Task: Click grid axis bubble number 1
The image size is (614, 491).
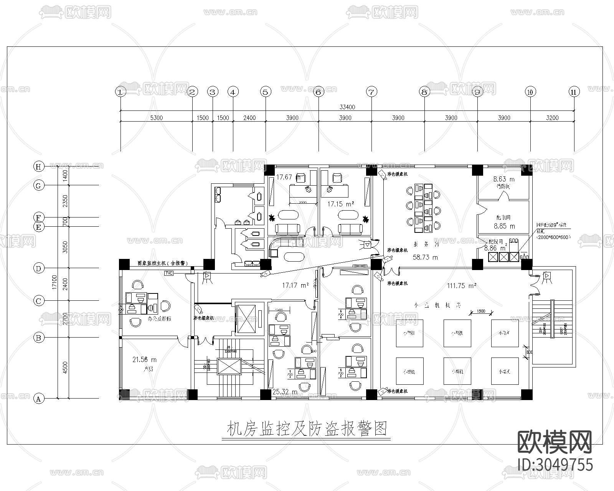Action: pyautogui.click(x=121, y=92)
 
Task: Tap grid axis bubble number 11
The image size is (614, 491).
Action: pyautogui.click(x=574, y=92)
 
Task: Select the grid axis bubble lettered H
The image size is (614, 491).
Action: pyautogui.click(x=38, y=166)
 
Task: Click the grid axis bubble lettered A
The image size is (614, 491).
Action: pyautogui.click(x=38, y=399)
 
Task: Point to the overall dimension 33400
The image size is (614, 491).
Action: pyautogui.click(x=347, y=107)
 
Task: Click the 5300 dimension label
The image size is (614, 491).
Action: pyautogui.click(x=156, y=118)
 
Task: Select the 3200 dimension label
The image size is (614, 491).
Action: pyautogui.click(x=552, y=118)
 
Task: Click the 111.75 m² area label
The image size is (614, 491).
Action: pyautogui.click(x=462, y=285)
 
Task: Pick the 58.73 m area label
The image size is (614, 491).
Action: pyautogui.click(x=425, y=257)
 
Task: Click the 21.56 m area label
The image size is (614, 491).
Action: pyautogui.click(x=144, y=359)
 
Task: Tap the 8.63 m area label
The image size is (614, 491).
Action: pyautogui.click(x=504, y=179)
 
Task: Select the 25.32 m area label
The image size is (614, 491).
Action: pyautogui.click(x=285, y=392)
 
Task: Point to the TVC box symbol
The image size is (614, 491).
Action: pyautogui.click(x=169, y=273)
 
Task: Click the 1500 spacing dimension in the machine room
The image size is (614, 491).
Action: pyautogui.click(x=481, y=311)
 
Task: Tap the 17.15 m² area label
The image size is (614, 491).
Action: pyautogui.click(x=340, y=204)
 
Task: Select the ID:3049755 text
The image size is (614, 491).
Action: pyautogui.click(x=555, y=464)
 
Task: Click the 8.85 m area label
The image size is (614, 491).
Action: pyautogui.click(x=504, y=226)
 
